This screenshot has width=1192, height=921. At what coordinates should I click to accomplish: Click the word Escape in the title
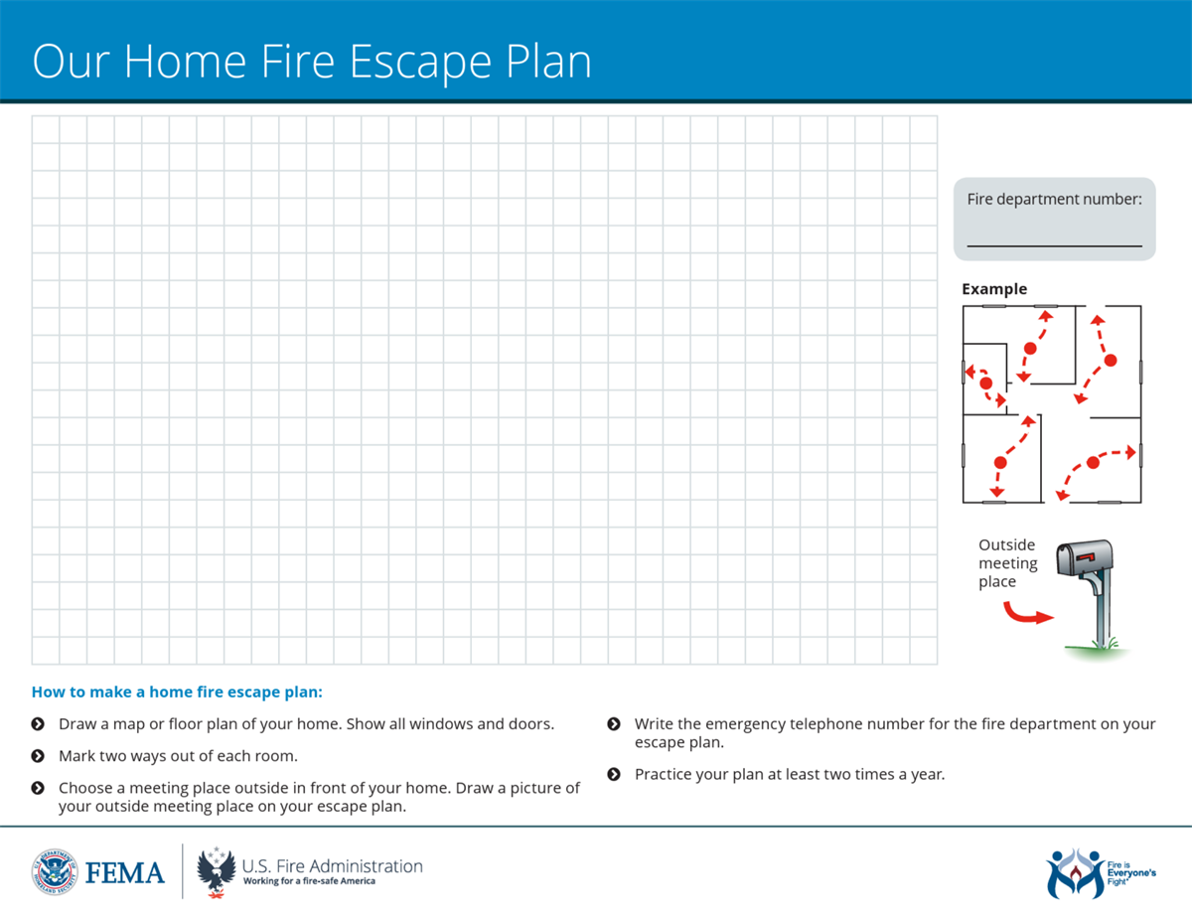(421, 63)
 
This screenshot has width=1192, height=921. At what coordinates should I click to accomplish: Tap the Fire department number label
(1054, 199)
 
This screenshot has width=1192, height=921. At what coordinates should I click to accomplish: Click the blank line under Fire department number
(1054, 246)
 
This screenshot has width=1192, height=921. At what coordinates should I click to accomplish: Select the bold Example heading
(994, 289)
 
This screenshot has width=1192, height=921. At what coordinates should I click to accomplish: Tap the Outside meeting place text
(1007, 562)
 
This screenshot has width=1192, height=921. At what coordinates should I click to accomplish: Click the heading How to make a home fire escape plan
(177, 691)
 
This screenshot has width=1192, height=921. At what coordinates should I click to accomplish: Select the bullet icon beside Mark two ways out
(38, 756)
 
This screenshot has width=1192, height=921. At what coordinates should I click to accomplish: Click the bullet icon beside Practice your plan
(614, 774)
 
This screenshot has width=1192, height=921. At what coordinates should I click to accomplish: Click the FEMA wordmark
(124, 872)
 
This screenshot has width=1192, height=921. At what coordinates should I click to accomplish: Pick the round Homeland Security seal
(55, 872)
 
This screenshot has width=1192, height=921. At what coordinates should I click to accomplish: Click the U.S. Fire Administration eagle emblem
(217, 871)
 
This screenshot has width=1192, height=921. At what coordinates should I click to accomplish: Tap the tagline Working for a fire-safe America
(309, 881)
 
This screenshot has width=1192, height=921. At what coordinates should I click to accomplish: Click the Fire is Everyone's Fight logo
(1101, 873)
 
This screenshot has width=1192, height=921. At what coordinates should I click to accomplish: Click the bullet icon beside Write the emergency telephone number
(614, 724)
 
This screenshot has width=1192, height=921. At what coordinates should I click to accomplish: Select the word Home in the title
(186, 61)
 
